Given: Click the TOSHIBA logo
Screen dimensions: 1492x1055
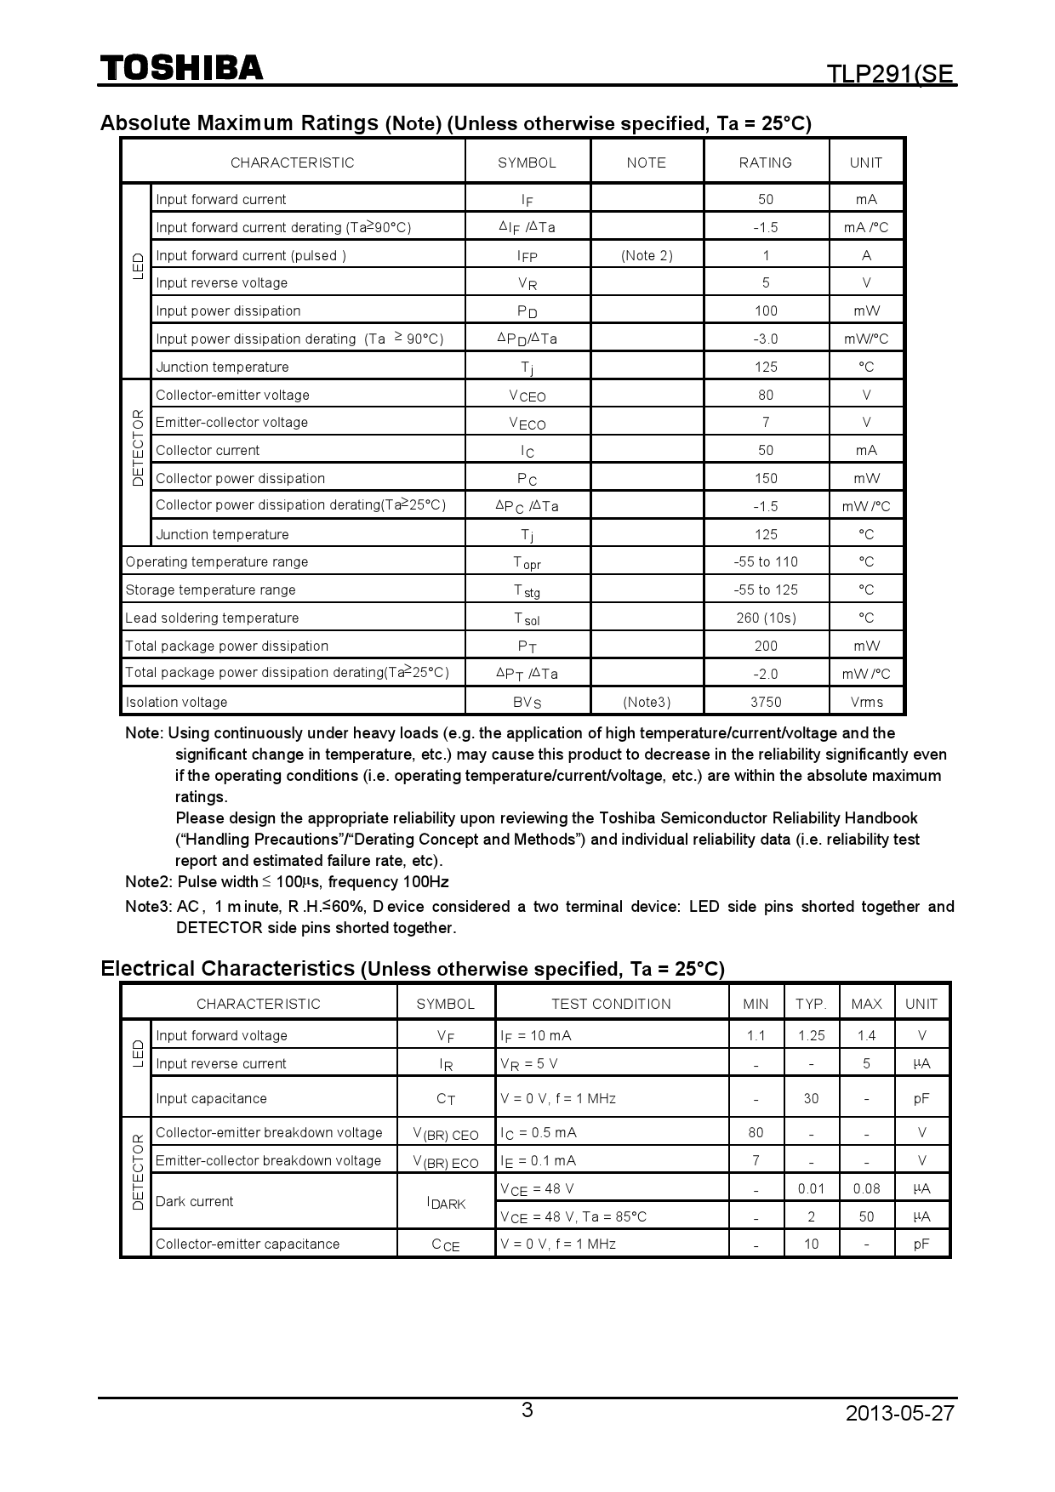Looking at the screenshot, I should click(x=182, y=68).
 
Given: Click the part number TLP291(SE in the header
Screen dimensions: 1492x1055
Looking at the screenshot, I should click(x=892, y=75).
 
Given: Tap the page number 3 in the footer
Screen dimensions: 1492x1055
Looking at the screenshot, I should click(x=527, y=1410).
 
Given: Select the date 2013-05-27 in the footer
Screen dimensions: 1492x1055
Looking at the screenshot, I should click(x=900, y=1413).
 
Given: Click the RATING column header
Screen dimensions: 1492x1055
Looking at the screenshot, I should click(x=765, y=162).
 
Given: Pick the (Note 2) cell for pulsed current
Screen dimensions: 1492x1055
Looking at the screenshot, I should click(x=647, y=255).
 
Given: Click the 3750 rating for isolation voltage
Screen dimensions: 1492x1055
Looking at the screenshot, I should click(x=765, y=702).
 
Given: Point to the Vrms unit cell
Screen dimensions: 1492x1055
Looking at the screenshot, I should click(x=866, y=702).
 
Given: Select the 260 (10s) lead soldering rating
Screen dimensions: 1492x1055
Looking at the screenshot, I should click(x=765, y=618).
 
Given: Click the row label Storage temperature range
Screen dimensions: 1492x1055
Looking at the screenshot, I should click(x=210, y=589).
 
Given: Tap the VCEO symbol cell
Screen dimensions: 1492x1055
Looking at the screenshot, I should click(x=527, y=396).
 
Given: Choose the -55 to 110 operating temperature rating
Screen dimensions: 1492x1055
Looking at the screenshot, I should click(x=765, y=561).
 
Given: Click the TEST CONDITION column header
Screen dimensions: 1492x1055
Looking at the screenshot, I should click(x=611, y=1004).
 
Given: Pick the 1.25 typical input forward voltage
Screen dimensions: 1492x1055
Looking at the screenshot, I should click(x=811, y=1035).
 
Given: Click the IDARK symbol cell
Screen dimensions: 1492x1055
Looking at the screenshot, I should click(x=446, y=1203).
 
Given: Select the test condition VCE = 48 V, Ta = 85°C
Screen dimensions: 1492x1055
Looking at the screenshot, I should click(x=573, y=1216).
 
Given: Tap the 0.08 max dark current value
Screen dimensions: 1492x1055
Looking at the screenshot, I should click(x=866, y=1188).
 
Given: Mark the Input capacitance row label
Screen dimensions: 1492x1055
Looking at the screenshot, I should click(x=211, y=1098).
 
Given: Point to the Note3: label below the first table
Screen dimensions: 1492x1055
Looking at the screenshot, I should click(x=148, y=907).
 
